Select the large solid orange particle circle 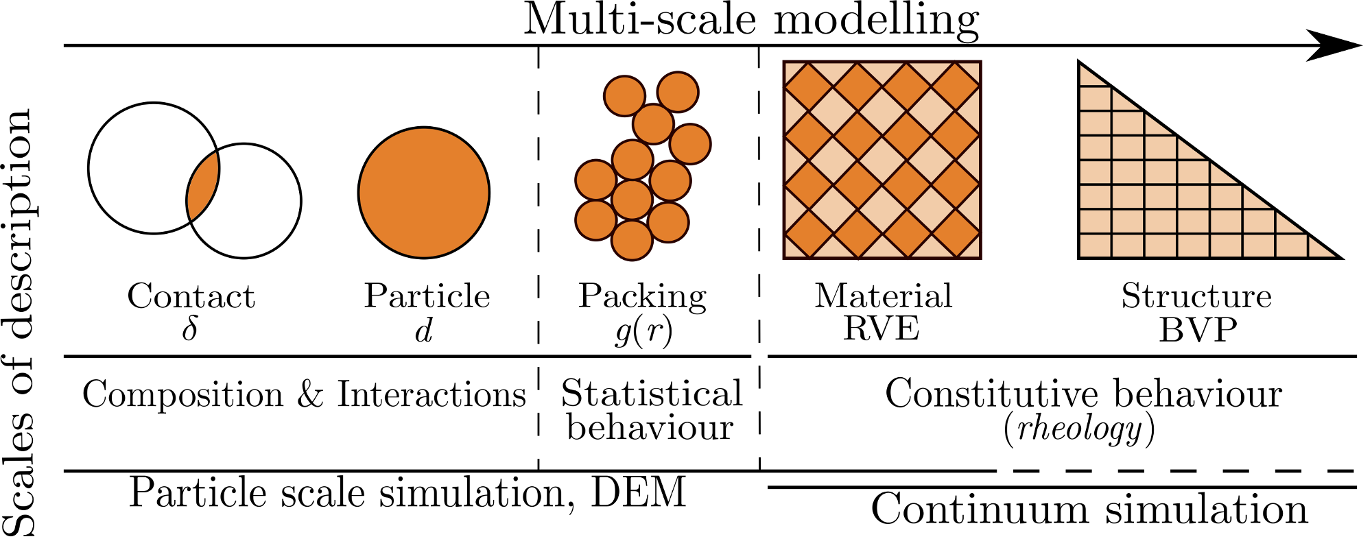424,193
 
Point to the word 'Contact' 191,296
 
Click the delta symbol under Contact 190,329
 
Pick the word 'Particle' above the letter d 427,296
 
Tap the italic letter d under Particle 424,331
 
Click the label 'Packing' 642,296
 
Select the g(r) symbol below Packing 643,331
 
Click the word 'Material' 883,296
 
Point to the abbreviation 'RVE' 881,328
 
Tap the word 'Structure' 1196,296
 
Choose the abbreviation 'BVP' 1198,330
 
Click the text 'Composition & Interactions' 304,395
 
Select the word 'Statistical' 652,394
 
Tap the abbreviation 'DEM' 638,492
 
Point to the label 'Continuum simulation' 1089,510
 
